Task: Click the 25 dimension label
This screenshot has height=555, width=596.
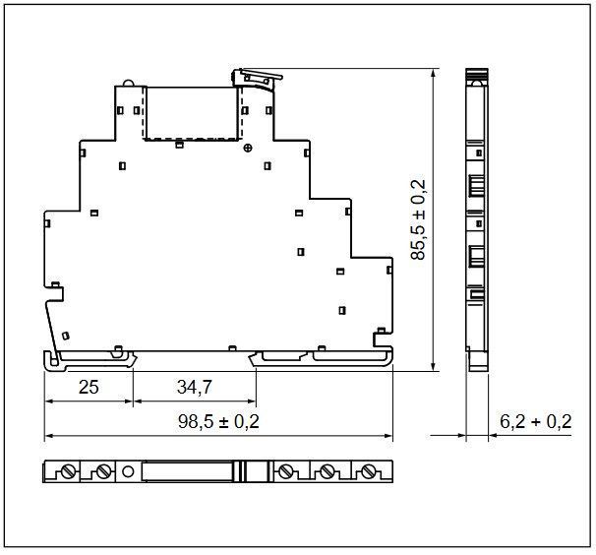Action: (x=89, y=387)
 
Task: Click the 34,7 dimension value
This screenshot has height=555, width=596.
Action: (x=194, y=387)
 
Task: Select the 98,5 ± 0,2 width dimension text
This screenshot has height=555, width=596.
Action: (x=218, y=421)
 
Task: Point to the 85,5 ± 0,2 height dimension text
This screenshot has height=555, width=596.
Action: (x=418, y=219)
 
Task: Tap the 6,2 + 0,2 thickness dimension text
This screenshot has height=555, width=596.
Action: (x=536, y=421)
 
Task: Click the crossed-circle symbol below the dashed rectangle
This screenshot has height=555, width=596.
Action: (x=248, y=148)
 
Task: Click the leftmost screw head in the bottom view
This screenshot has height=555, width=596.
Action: (x=69, y=472)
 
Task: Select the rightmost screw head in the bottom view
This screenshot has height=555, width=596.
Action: (x=367, y=472)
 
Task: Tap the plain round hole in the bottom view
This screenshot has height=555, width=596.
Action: (x=128, y=472)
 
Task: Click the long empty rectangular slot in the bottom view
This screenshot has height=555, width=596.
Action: (x=188, y=471)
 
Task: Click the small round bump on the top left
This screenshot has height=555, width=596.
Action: (x=128, y=84)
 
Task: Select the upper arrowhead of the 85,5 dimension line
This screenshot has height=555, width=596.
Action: (x=433, y=73)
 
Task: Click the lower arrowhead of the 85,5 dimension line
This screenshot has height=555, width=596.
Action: (x=433, y=367)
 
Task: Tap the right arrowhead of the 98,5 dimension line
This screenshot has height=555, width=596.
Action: (x=387, y=436)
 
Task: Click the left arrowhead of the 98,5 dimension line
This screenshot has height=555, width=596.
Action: (x=49, y=436)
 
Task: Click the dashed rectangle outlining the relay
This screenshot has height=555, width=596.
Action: (x=145, y=113)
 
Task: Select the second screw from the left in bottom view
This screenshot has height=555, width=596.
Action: (x=103, y=472)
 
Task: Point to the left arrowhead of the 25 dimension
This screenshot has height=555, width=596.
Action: (x=49, y=401)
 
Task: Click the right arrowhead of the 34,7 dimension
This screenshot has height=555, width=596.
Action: (x=252, y=401)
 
